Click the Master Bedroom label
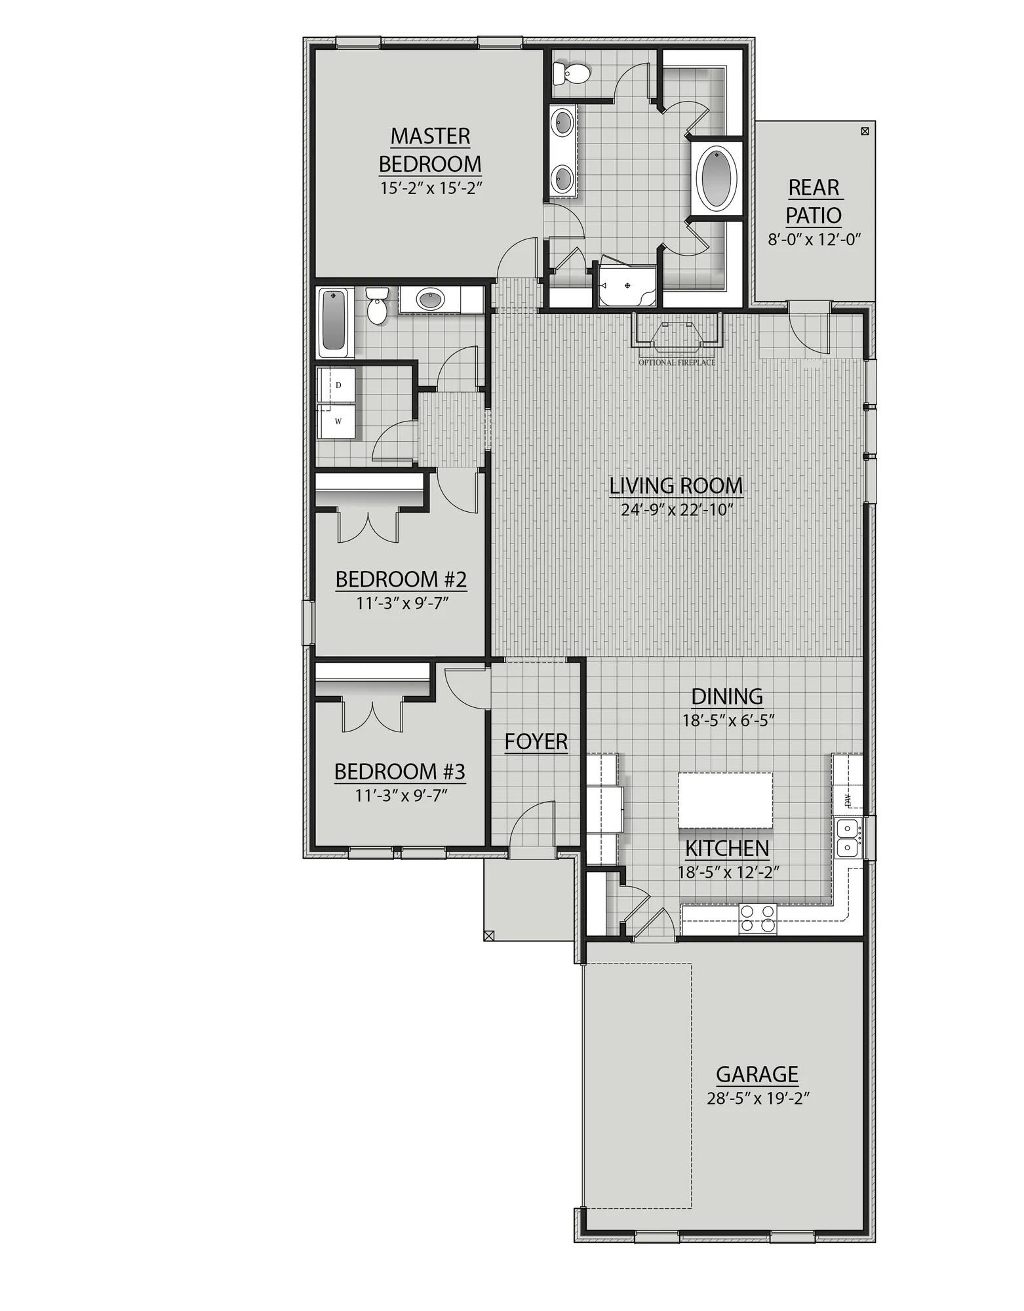pyautogui.click(x=430, y=149)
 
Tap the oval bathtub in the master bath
pyautogui.click(x=719, y=178)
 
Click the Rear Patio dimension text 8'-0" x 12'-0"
pyautogui.click(x=814, y=240)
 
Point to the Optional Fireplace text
pyautogui.click(x=677, y=362)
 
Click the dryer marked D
pyautogui.click(x=337, y=385)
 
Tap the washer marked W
pyautogui.click(x=337, y=421)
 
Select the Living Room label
pyautogui.click(x=676, y=486)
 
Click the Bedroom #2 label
pyautogui.click(x=401, y=579)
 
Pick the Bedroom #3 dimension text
pyautogui.click(x=401, y=796)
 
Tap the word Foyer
pyautogui.click(x=536, y=741)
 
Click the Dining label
pyautogui.click(x=727, y=695)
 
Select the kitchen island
pyautogui.click(x=725, y=800)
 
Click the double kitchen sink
pyautogui.click(x=848, y=837)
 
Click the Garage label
pyautogui.click(x=757, y=1074)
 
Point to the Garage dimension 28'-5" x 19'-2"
pyautogui.click(x=757, y=1099)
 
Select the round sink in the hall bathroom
pyautogui.click(x=430, y=300)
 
